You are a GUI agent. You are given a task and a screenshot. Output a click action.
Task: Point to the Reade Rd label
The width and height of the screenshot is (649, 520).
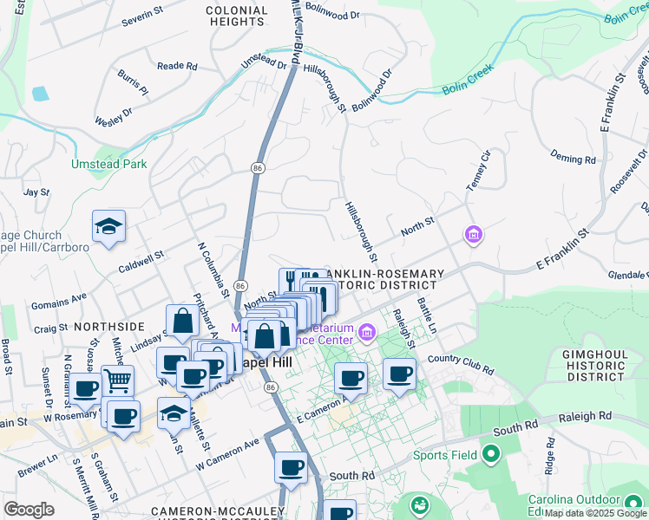coord(177,66)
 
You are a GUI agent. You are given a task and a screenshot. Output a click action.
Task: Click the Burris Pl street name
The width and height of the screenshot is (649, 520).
coord(134,83)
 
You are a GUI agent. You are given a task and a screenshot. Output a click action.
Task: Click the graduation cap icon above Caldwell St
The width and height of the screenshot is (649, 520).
coord(109,226)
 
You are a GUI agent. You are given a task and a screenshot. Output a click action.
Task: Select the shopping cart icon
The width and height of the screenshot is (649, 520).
coord(117,380)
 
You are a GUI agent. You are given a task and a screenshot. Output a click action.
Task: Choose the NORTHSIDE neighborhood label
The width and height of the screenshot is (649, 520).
coord(109,327)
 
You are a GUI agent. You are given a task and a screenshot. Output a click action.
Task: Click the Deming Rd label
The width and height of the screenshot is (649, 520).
coord(573,159)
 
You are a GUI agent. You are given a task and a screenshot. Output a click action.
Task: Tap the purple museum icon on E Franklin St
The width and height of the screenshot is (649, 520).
coord(473,234)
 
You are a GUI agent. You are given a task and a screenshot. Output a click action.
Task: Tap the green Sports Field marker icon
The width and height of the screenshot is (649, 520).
coord(490,454)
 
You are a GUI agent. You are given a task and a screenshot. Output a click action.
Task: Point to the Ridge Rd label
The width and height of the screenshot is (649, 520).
coord(549,460)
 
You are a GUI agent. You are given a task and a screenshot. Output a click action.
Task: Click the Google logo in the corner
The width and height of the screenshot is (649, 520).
coord(29,510)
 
